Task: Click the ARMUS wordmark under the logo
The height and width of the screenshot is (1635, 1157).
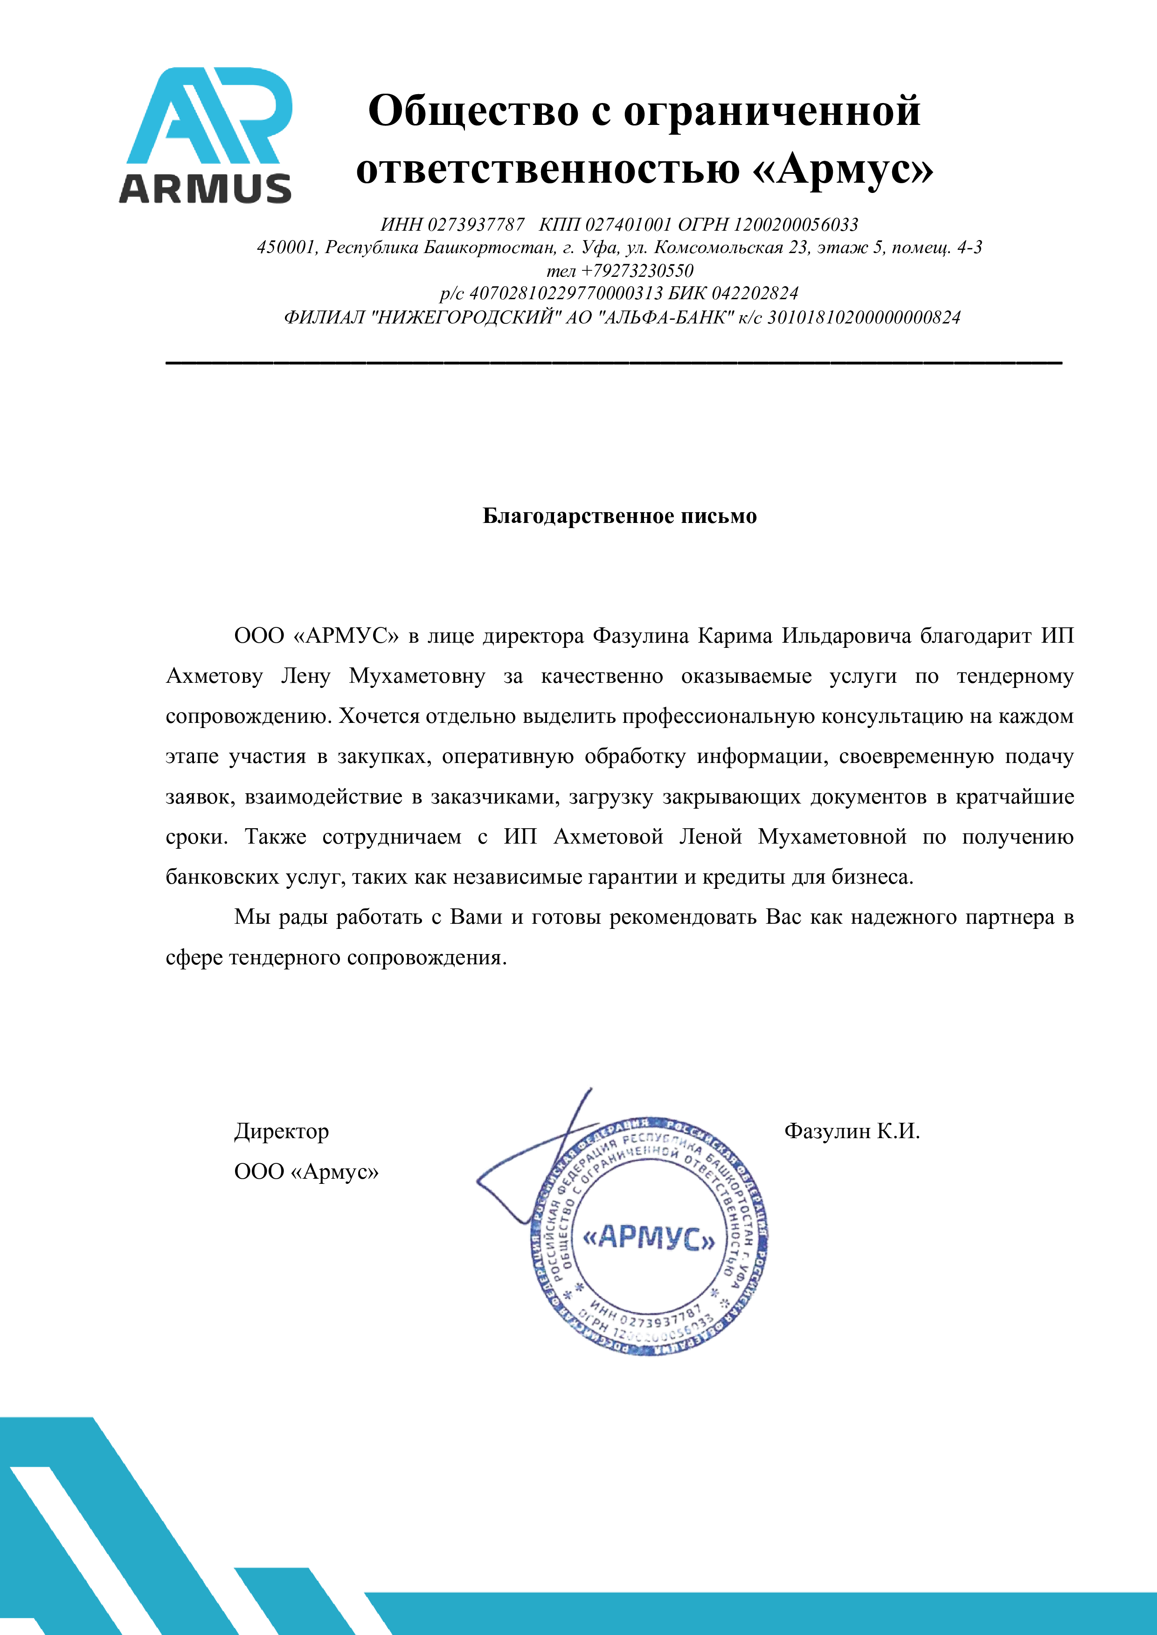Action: (205, 189)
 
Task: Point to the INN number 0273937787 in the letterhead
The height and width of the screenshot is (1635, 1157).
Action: (476, 225)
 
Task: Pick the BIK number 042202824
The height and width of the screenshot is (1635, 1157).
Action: (755, 293)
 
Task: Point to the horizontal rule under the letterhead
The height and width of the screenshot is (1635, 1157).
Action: (613, 363)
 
